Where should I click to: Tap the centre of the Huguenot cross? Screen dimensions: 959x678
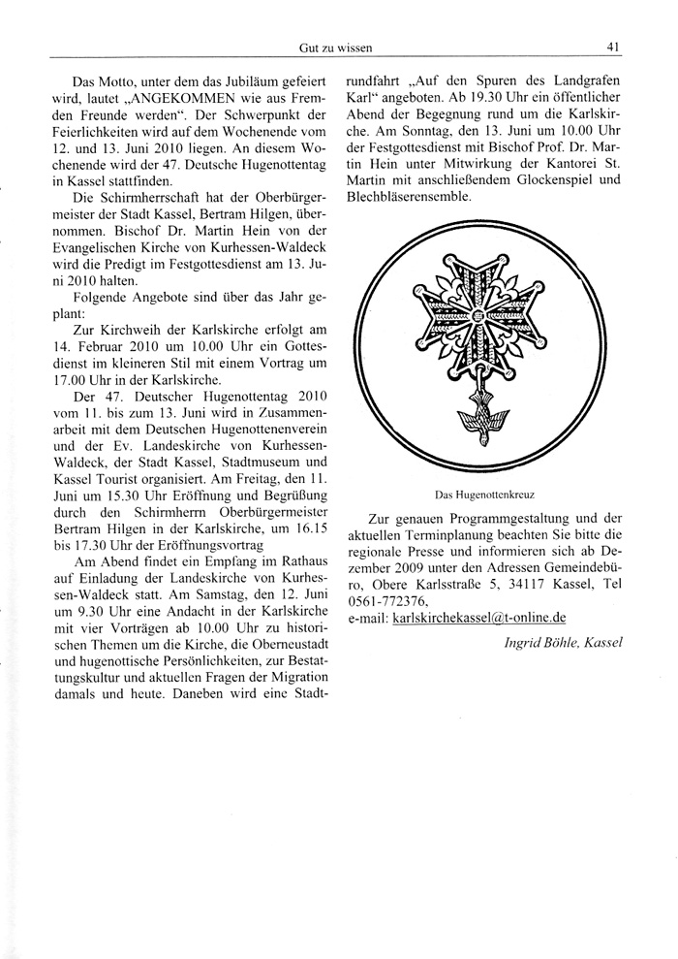tap(478, 315)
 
